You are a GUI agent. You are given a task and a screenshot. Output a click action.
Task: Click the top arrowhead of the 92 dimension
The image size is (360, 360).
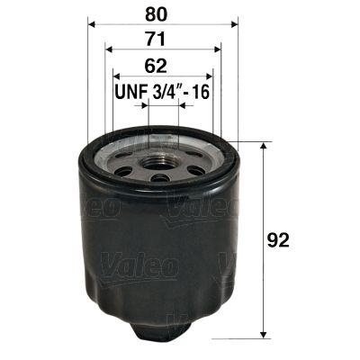pyautogui.click(x=262, y=146)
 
